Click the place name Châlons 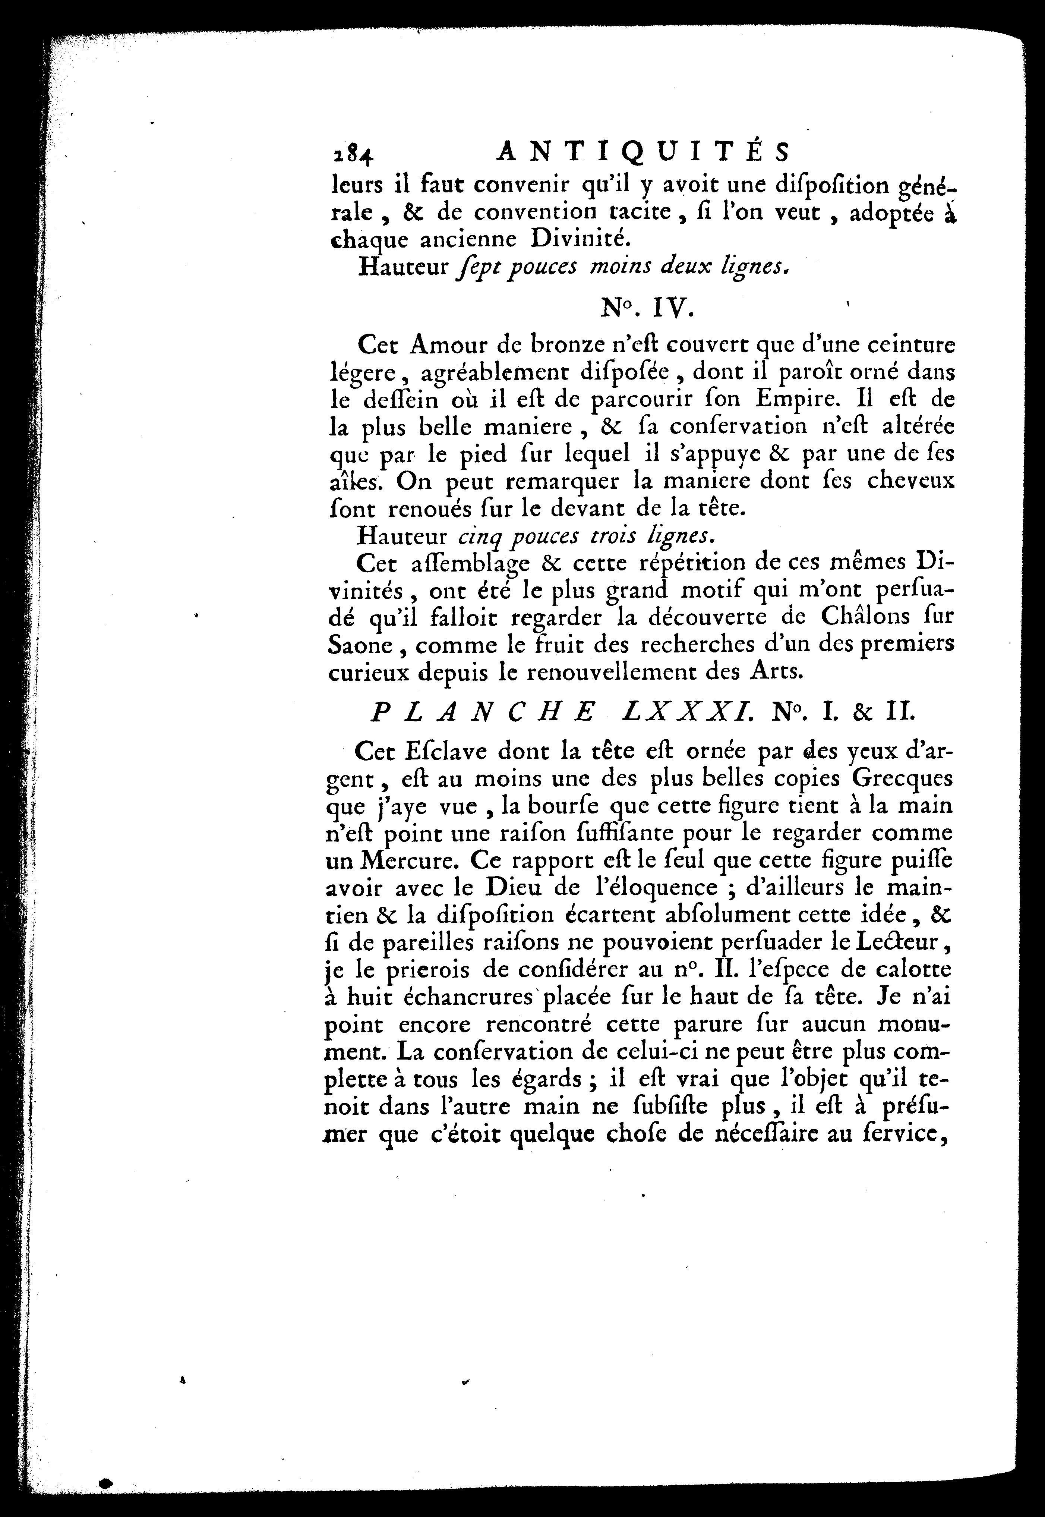tap(851, 616)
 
